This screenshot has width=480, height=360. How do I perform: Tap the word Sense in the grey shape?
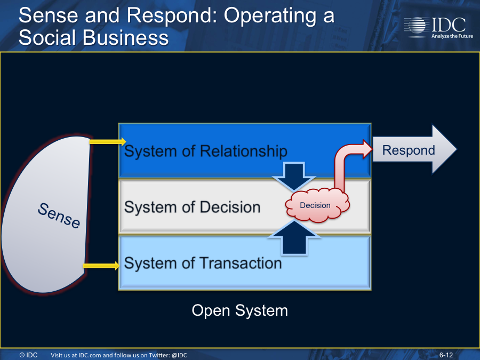tap(59, 215)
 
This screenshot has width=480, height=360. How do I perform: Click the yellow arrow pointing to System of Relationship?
tap(108, 141)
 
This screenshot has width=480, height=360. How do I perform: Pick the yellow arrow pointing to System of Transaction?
tap(101, 266)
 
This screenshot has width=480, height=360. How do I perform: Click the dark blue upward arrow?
tap(294, 237)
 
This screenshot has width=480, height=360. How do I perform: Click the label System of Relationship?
tap(205, 151)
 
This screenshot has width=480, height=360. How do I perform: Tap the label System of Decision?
tap(192, 207)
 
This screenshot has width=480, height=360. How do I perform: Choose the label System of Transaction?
tap(203, 263)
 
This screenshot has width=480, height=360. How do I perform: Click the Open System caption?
tap(239, 311)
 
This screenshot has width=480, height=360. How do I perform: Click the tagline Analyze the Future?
tap(452, 36)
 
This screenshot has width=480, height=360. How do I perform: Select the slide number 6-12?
tap(446, 355)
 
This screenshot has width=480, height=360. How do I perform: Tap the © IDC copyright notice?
tap(28, 355)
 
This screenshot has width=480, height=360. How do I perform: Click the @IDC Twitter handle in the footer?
tap(179, 355)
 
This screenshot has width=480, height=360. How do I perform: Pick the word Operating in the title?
tap(270, 16)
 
